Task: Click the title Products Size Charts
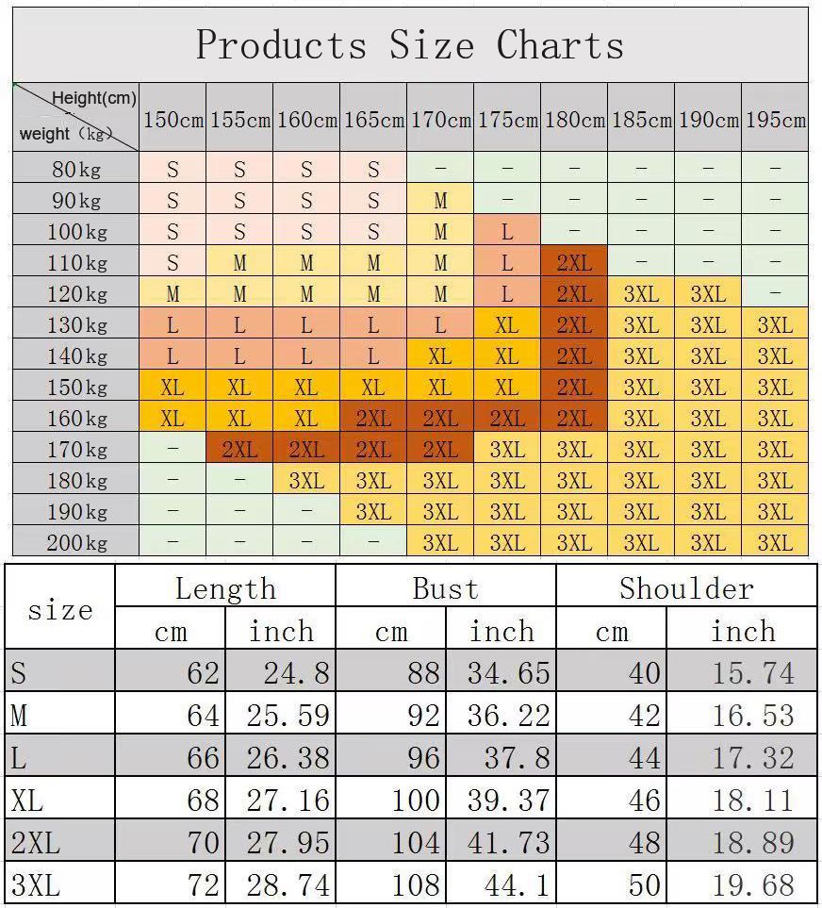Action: [410, 45]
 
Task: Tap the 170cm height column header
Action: [440, 120]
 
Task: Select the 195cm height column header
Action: [775, 120]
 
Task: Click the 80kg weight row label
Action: [76, 170]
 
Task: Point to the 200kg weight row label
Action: [76, 543]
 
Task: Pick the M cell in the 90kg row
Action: [440, 201]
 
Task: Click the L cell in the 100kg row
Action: [507, 232]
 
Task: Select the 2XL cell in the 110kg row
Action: [574, 263]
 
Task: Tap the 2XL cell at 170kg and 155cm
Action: [239, 450]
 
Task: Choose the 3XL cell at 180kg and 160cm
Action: [306, 481]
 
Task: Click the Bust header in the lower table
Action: [445, 588]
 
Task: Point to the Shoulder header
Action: [686, 588]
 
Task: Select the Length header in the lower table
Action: [225, 588]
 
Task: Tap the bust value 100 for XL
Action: [416, 801]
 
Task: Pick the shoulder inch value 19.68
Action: [752, 885]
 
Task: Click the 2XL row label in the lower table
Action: [35, 843]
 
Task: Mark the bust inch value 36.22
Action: [508, 716]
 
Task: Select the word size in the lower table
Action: [60, 610]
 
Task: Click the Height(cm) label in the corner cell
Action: [94, 98]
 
